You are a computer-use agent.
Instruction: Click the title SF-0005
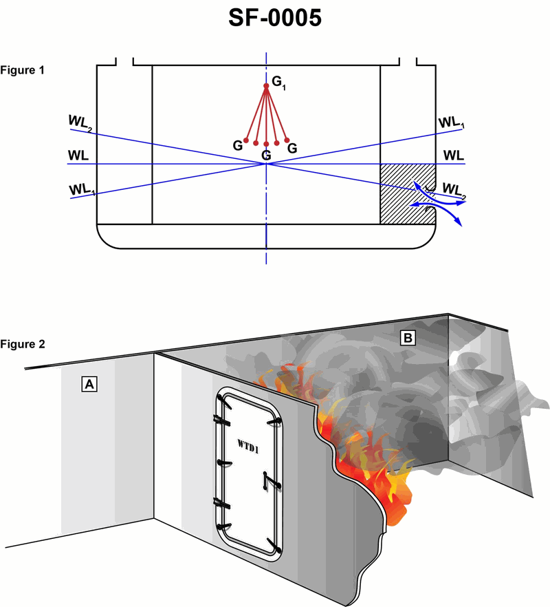pyautogui.click(x=275, y=19)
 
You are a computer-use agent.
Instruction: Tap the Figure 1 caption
pyautogui.click(x=23, y=70)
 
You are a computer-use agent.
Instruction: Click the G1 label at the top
pyautogui.click(x=278, y=82)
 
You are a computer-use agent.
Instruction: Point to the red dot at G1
pyautogui.click(x=267, y=86)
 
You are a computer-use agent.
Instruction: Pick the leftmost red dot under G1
pyautogui.click(x=245, y=140)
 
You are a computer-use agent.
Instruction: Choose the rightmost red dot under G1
pyautogui.click(x=286, y=140)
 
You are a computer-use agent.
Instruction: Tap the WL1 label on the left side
pyautogui.click(x=81, y=189)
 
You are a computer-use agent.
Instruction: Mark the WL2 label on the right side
pyautogui.click(x=454, y=189)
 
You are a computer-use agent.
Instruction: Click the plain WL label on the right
pyautogui.click(x=453, y=154)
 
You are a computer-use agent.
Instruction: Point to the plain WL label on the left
pyautogui.click(x=78, y=154)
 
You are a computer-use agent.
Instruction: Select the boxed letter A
pyautogui.click(x=88, y=384)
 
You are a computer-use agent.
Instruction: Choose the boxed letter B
pyautogui.click(x=408, y=337)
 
